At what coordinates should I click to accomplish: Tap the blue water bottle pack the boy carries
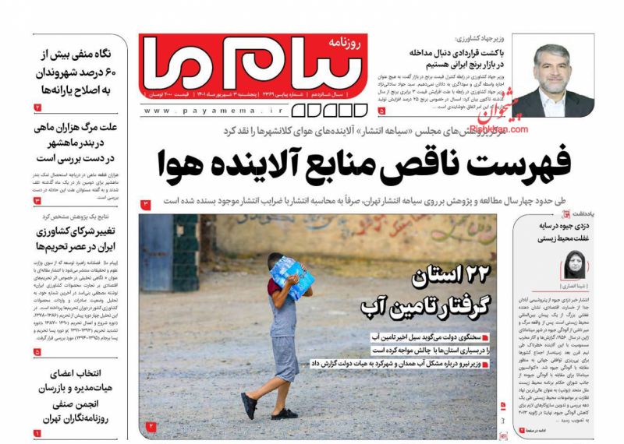(292, 277)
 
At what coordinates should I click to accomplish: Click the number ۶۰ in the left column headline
(120, 72)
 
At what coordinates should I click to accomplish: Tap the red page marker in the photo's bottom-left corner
(151, 425)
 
